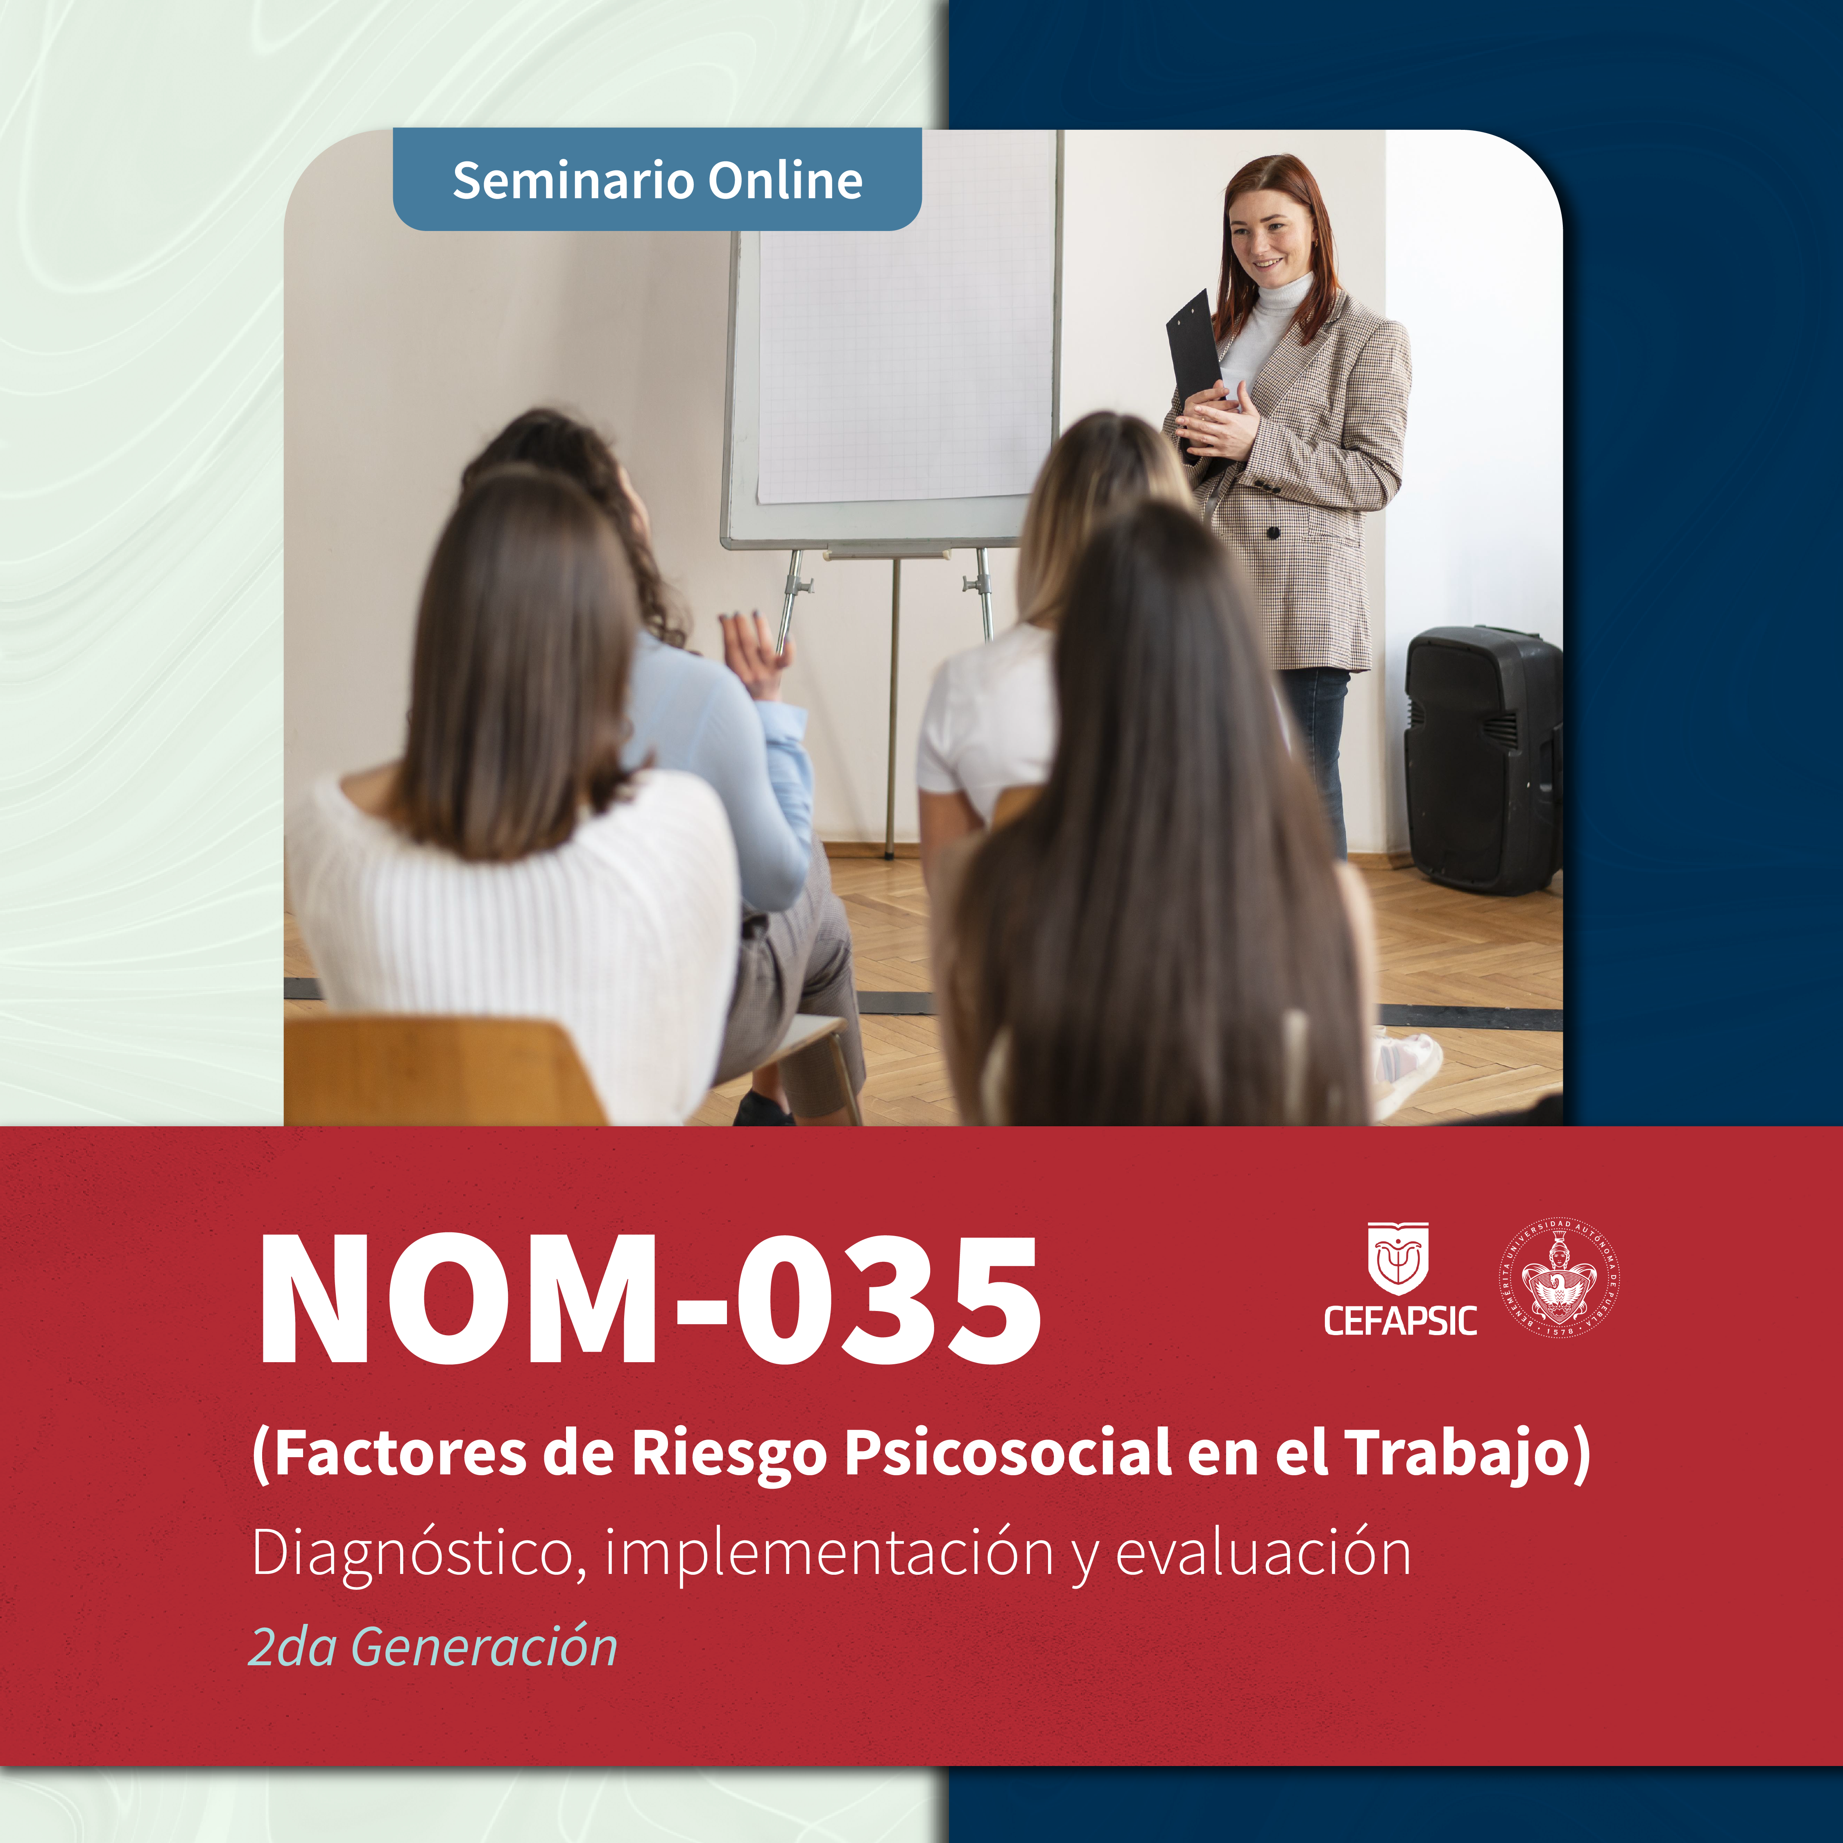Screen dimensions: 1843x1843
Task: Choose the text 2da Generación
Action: pos(433,1646)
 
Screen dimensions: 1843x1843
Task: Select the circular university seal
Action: pos(1559,1277)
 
